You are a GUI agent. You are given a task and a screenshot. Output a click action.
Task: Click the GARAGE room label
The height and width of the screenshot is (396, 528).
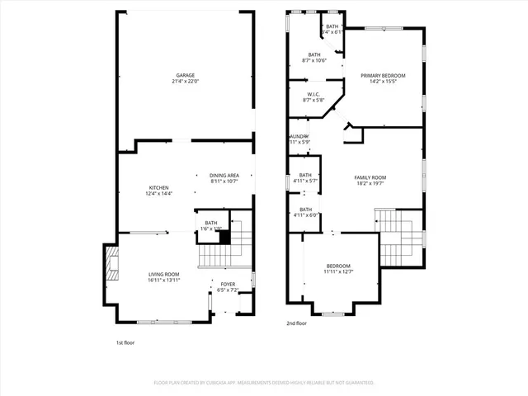[x=184, y=75]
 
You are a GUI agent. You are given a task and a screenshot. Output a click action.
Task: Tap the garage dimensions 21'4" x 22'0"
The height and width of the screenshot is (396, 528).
[x=184, y=81]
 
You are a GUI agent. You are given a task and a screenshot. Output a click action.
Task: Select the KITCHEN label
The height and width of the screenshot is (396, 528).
[x=159, y=188]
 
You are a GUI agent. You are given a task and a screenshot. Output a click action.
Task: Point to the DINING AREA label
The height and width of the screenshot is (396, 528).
[x=224, y=175]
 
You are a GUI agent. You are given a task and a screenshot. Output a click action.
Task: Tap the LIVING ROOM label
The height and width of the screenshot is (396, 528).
[x=163, y=274]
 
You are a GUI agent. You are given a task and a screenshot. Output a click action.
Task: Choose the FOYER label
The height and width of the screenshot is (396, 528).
[x=228, y=285]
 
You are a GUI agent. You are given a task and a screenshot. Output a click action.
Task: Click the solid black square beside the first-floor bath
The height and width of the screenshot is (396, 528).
[x=222, y=237]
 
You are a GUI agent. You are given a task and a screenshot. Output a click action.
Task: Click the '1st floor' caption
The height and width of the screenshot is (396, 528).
[x=125, y=342]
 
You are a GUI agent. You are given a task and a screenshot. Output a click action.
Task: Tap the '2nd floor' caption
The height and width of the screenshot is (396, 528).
[x=296, y=324]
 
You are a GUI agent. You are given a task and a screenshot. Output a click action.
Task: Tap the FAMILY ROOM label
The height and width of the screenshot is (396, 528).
[x=370, y=178]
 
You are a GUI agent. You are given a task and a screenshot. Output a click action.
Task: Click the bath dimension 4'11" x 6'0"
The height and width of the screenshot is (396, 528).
[x=305, y=215]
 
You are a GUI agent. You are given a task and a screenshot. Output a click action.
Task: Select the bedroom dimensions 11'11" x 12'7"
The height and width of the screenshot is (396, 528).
[x=337, y=271]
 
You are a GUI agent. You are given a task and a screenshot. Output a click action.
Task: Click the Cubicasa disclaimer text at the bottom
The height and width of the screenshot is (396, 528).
[x=264, y=383]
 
